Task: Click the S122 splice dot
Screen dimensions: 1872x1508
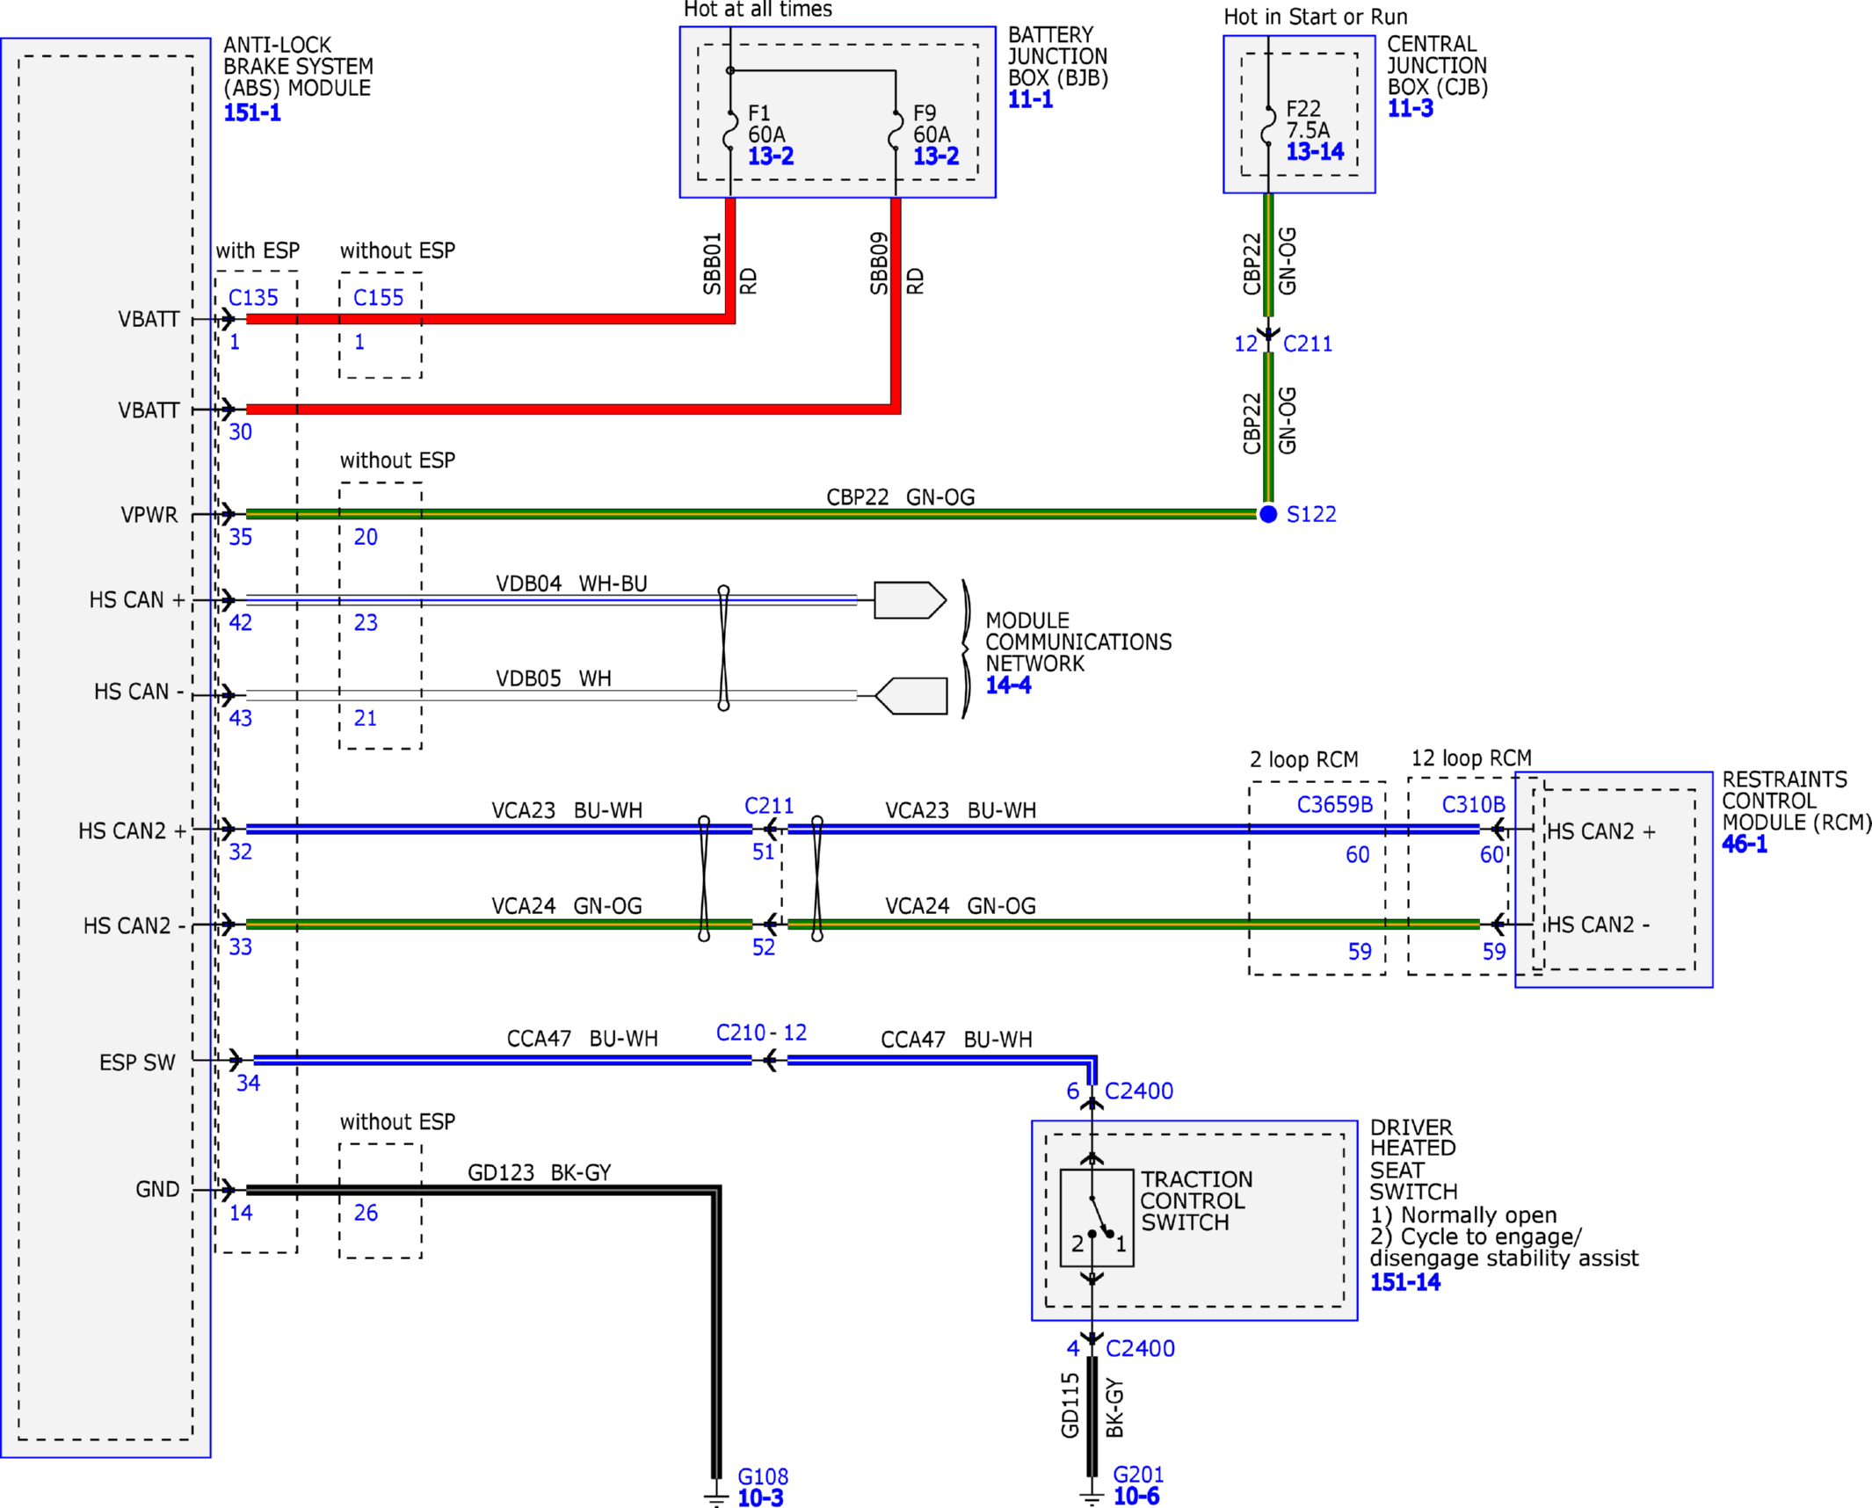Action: pos(1268,514)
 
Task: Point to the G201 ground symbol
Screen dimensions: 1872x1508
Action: pos(1092,1496)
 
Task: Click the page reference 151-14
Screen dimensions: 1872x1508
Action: pos(1405,1282)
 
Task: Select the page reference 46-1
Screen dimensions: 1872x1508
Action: pos(1745,845)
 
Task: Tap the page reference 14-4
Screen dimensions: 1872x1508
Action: pos(1008,685)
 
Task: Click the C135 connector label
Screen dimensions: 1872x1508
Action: pos(253,298)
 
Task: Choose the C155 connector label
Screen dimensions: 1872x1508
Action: pos(378,298)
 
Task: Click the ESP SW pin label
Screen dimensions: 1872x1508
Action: pos(137,1062)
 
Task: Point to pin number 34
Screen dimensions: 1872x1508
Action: pos(248,1084)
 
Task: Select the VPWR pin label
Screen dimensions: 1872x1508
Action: pos(149,515)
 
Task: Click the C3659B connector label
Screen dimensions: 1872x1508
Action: pos(1335,805)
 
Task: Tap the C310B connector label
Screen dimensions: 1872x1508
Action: pos(1474,805)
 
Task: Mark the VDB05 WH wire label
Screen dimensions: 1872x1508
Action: pos(554,678)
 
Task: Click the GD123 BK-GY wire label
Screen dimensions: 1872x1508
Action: pos(539,1172)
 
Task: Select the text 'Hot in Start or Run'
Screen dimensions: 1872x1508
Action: pos(1316,17)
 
